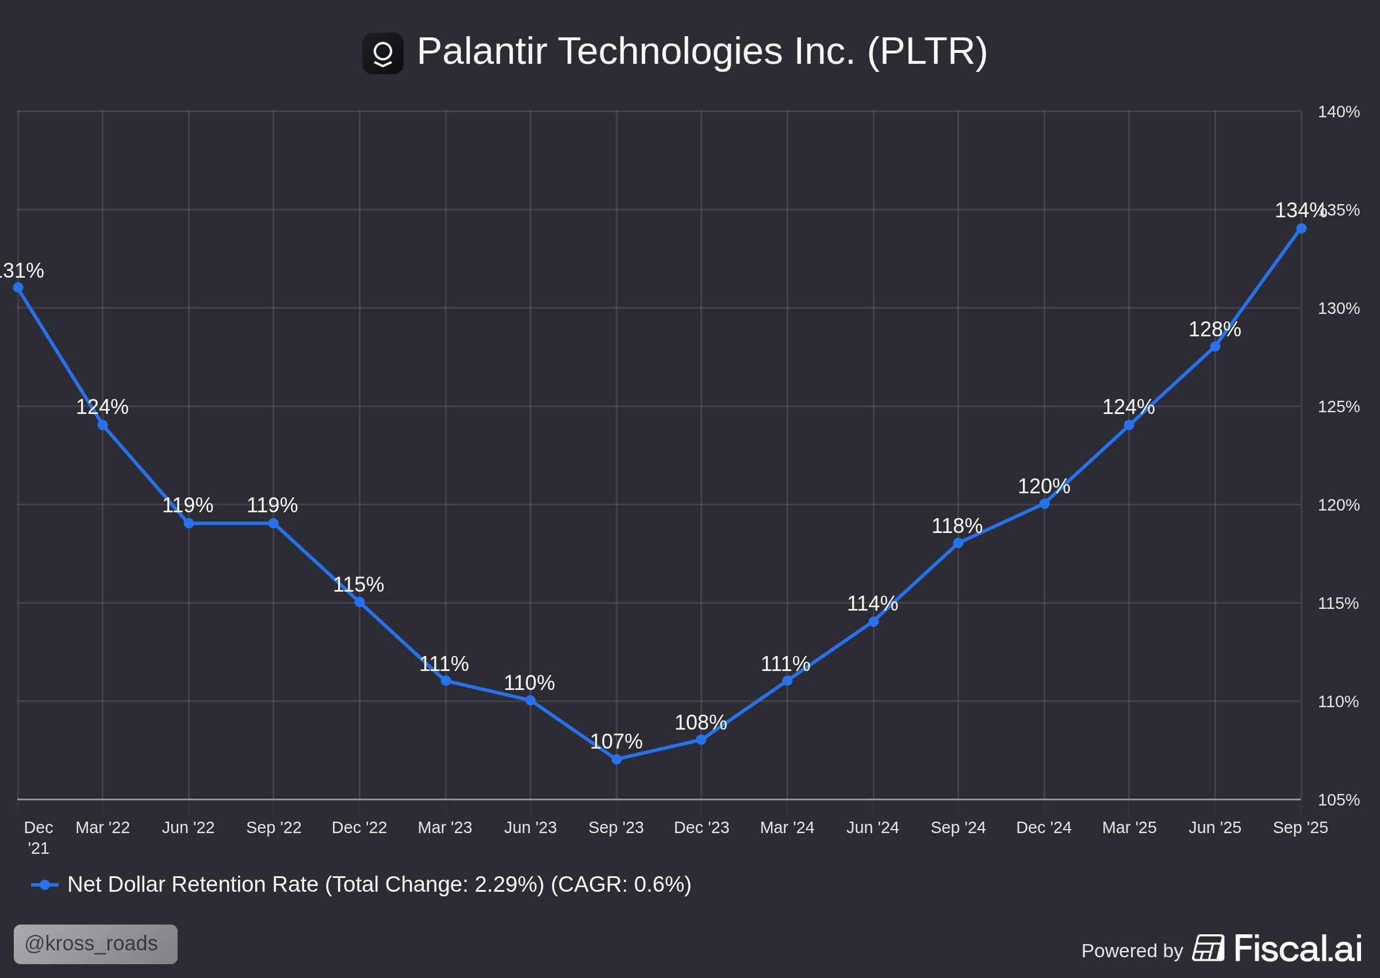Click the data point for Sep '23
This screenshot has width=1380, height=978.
click(x=616, y=760)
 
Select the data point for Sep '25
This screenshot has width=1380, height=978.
click(x=1301, y=228)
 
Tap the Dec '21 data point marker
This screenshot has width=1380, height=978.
click(x=18, y=287)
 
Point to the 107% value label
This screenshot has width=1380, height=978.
click(x=616, y=741)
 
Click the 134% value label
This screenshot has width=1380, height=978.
click(x=1300, y=210)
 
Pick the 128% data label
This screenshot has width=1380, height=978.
click(x=1214, y=329)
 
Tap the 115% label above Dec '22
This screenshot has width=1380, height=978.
click(x=358, y=585)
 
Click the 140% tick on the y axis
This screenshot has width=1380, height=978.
click(x=1339, y=112)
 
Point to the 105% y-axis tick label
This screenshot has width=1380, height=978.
click(x=1338, y=800)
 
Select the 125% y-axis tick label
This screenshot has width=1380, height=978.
click(x=1339, y=406)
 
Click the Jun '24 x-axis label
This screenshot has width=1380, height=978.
click(x=872, y=827)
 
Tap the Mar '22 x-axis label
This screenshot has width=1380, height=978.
click(x=102, y=827)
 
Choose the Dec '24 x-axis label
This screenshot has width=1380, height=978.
click(x=1044, y=827)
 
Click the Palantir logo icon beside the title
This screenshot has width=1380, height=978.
click(x=382, y=53)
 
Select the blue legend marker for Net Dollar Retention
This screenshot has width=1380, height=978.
click(x=44, y=885)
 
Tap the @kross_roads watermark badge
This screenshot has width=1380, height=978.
click(x=95, y=944)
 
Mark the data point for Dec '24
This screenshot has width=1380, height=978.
click(x=1044, y=504)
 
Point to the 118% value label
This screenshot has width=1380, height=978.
click(x=957, y=526)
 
